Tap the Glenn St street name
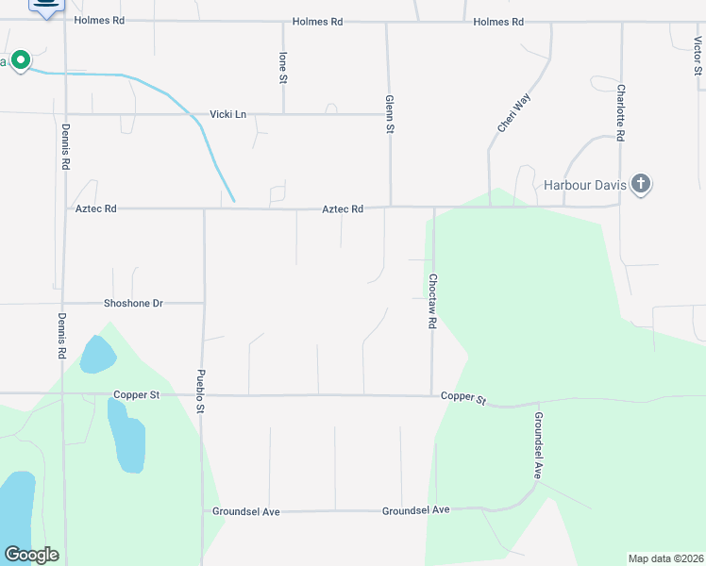[x=388, y=114]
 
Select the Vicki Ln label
[x=227, y=114]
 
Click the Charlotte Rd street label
[x=620, y=112]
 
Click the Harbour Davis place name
[x=585, y=185]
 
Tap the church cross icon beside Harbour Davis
[x=641, y=184]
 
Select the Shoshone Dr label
[x=133, y=303]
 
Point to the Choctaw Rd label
[x=431, y=301]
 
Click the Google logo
[x=31, y=555]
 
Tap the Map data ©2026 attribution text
[x=664, y=558]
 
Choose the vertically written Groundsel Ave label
[x=537, y=445]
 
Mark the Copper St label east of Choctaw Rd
[x=462, y=399]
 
